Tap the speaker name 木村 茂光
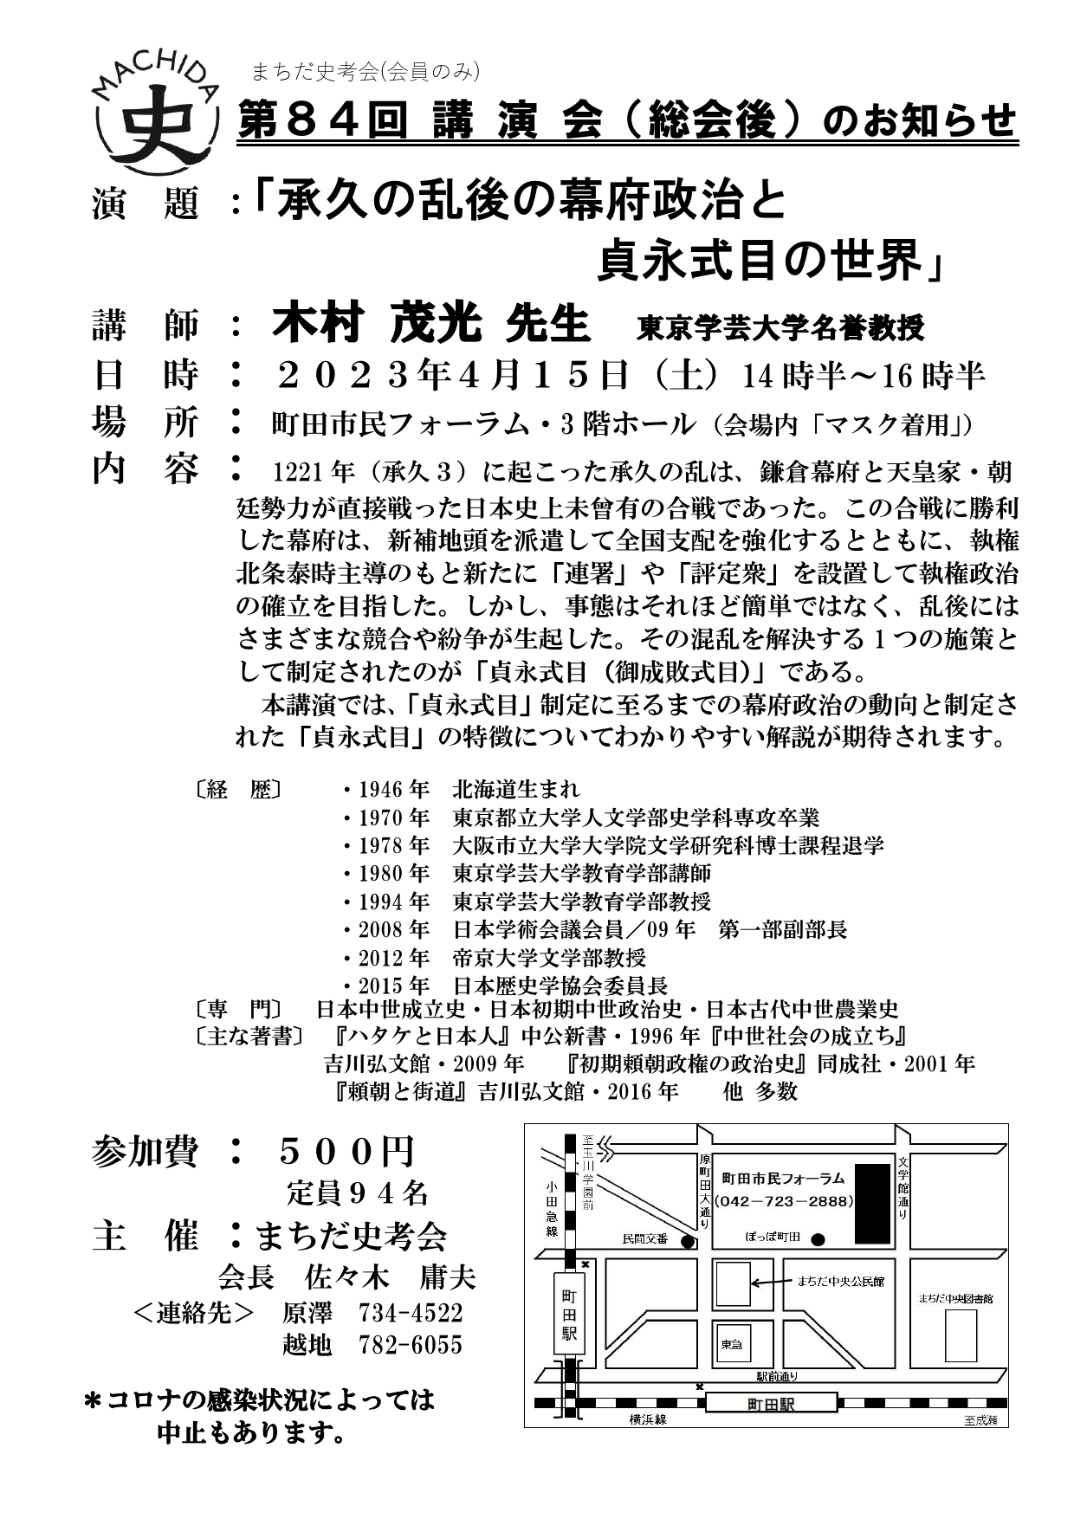(377, 325)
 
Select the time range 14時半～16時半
(864, 376)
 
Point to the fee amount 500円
(346, 1151)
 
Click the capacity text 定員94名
(358, 1193)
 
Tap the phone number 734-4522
(411, 1312)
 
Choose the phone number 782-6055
(411, 1344)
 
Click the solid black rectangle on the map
(872, 1203)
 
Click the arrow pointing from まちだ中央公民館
(769, 1282)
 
